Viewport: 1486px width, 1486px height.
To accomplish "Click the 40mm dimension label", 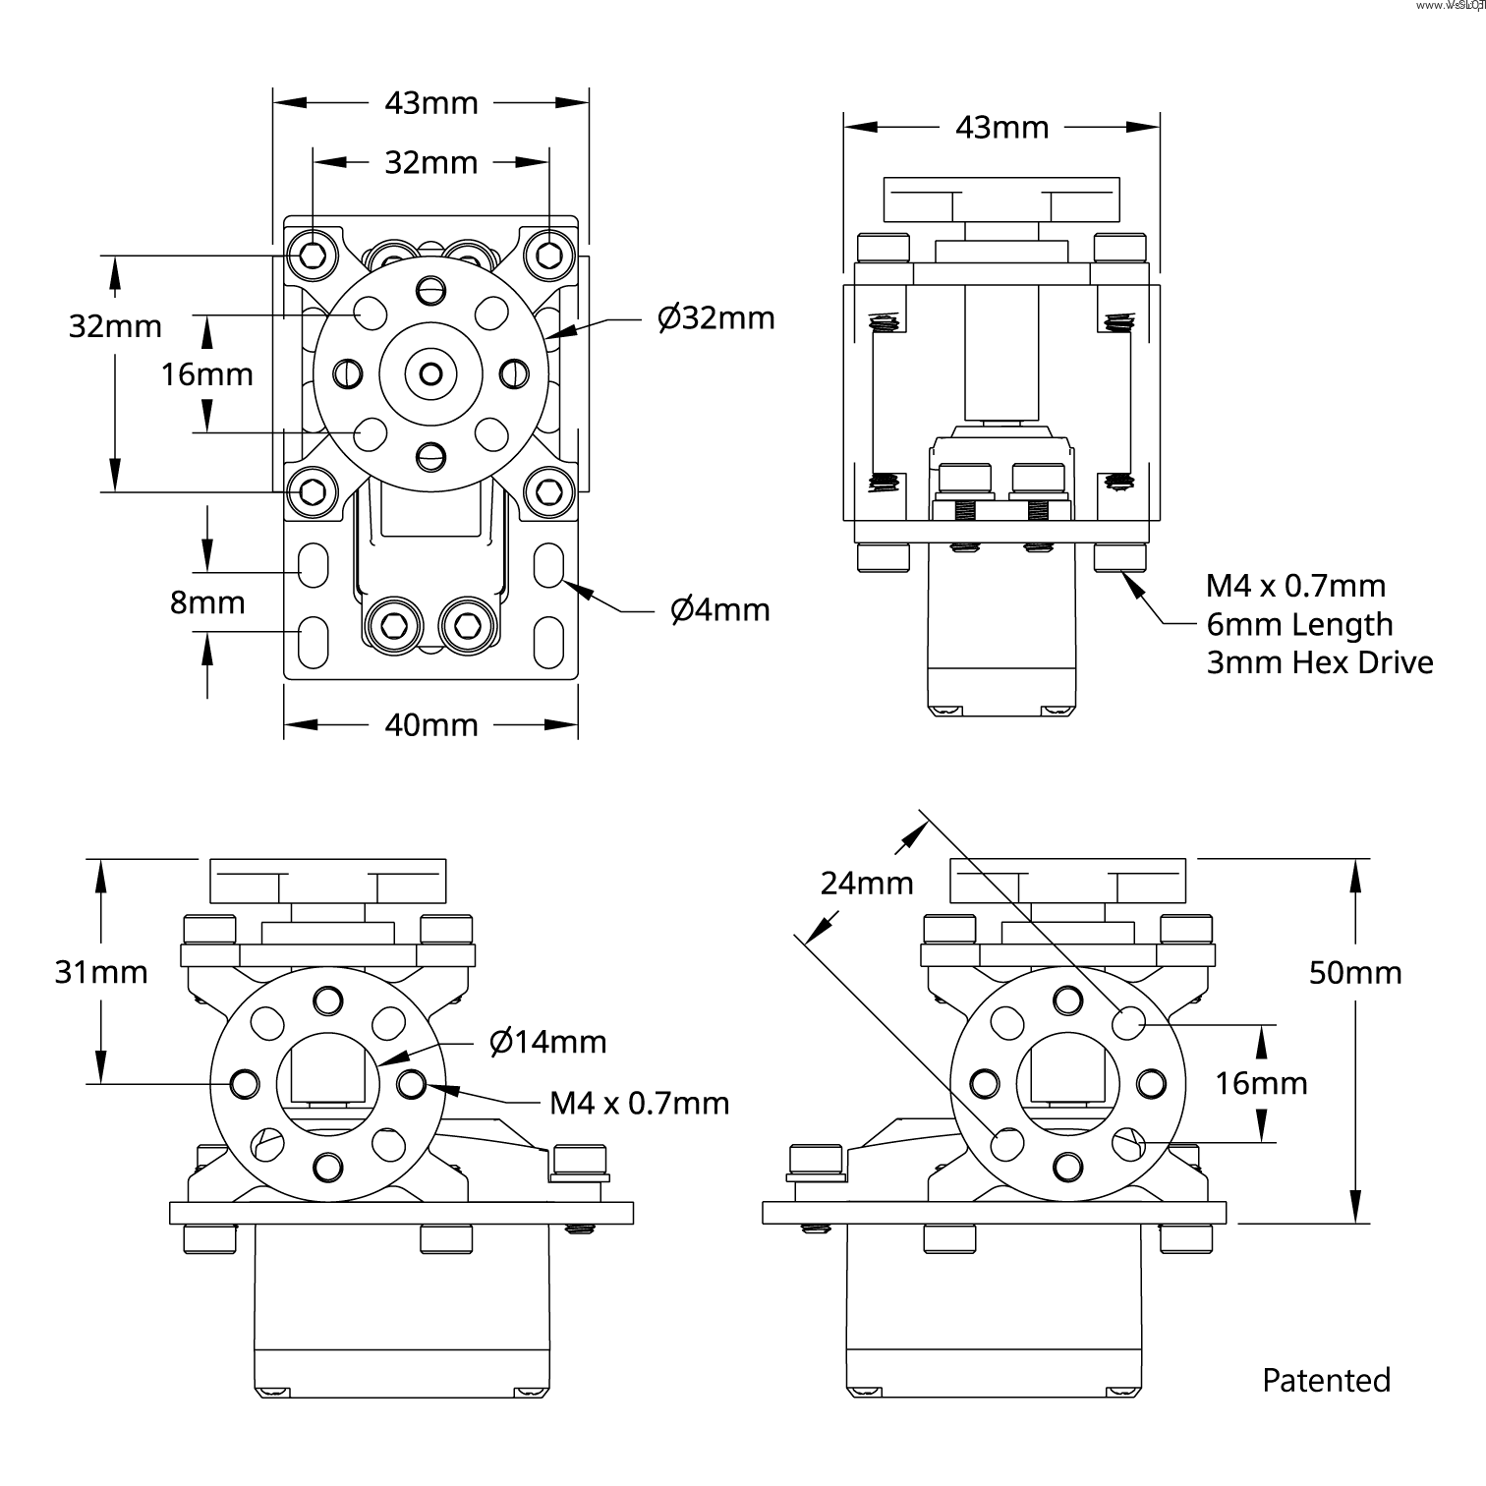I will pyautogui.click(x=430, y=725).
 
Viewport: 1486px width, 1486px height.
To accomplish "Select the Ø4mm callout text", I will pyautogui.click(x=719, y=610).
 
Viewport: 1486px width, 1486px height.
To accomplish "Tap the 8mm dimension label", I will pyautogui.click(x=207, y=602).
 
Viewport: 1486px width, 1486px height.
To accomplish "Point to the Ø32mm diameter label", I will pyautogui.click(x=715, y=318).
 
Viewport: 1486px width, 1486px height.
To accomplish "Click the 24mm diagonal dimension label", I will pyautogui.click(x=867, y=884).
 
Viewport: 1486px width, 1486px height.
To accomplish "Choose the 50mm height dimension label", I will pyautogui.click(x=1355, y=973).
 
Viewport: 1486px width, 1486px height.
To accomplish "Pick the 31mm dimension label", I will pyautogui.click(x=101, y=972).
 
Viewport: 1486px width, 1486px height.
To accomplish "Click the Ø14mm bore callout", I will pyautogui.click(x=547, y=1042).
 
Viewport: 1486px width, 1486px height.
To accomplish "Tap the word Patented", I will pyautogui.click(x=1326, y=1381).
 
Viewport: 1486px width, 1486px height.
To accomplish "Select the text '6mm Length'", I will pyautogui.click(x=1299, y=625).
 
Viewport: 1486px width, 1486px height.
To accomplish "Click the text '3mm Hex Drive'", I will pyautogui.click(x=1320, y=663).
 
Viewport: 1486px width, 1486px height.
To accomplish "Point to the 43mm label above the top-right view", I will pyautogui.click(x=1002, y=128).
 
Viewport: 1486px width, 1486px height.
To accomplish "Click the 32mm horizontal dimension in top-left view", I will pyautogui.click(x=430, y=163).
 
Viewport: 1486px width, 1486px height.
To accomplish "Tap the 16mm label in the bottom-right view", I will pyautogui.click(x=1261, y=1084).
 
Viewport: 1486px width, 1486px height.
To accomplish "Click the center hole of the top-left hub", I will pyautogui.click(x=430, y=373).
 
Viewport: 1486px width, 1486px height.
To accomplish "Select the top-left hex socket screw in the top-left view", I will pyautogui.click(x=313, y=256).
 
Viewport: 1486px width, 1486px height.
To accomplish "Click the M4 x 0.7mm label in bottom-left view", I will pyautogui.click(x=639, y=1104).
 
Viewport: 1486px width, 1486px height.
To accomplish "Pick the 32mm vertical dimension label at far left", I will pyautogui.click(x=115, y=326).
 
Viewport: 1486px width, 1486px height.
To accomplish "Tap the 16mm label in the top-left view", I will pyautogui.click(x=207, y=374).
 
